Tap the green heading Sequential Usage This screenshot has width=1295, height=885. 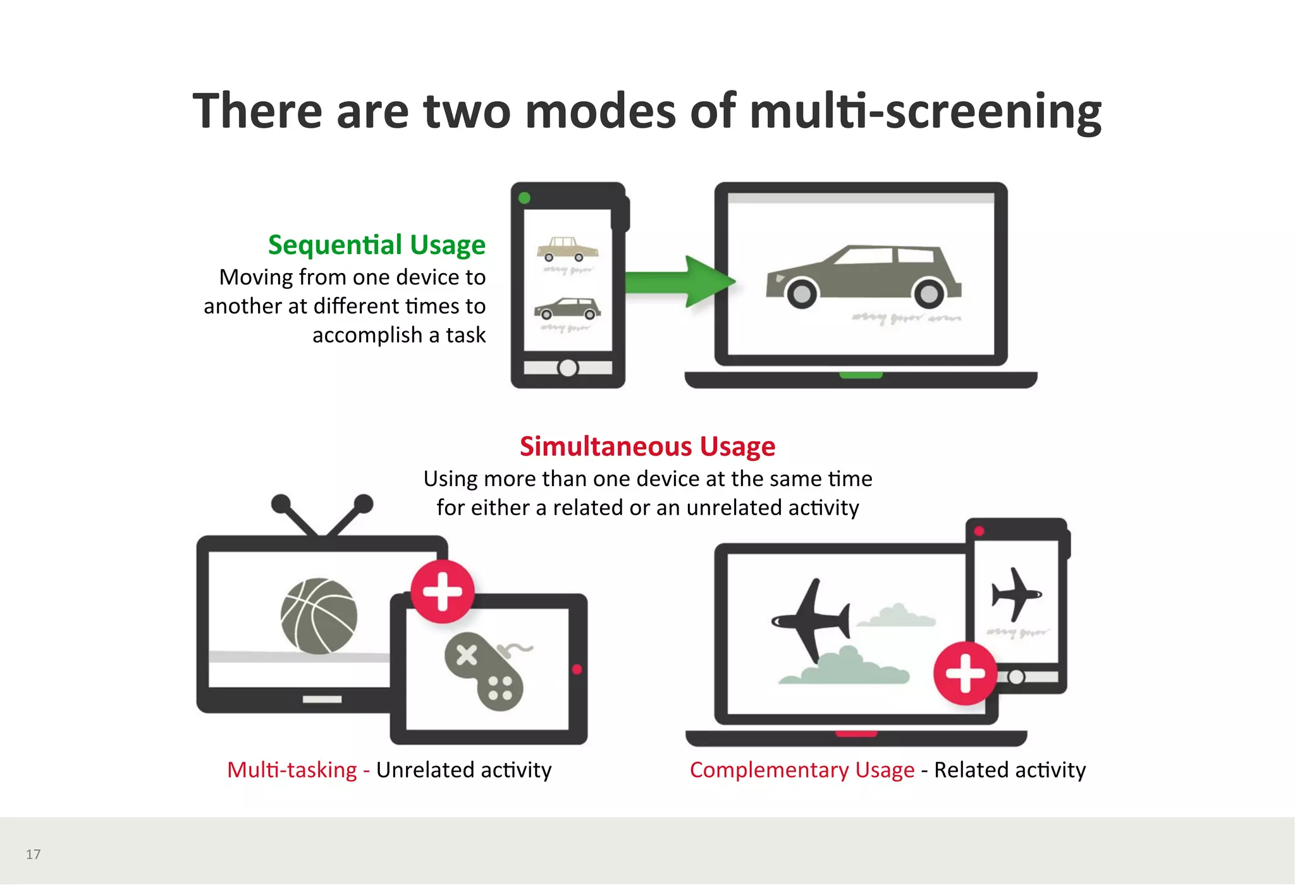click(376, 245)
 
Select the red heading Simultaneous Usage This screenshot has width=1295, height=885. click(647, 446)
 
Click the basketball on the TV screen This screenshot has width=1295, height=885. click(319, 616)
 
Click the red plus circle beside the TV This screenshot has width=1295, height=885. click(443, 592)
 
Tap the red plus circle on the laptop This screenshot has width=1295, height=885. click(965, 673)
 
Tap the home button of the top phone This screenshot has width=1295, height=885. click(568, 368)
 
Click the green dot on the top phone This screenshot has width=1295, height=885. click(524, 198)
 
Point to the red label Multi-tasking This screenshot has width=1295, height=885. click(292, 770)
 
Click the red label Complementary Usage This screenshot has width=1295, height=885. click(802, 770)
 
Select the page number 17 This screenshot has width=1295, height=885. click(34, 855)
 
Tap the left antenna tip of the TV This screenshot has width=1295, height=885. click(280, 504)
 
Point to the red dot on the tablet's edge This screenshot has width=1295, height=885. click(577, 669)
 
